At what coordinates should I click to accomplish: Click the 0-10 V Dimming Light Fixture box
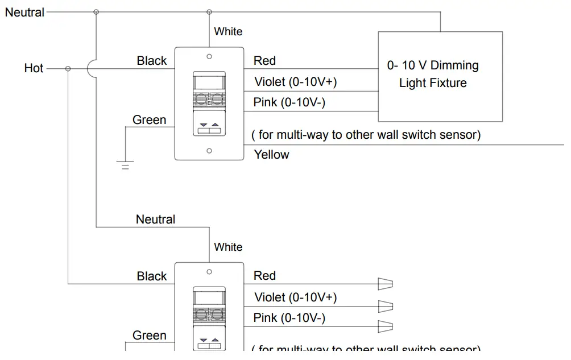pos(440,76)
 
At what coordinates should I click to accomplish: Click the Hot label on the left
pos(34,68)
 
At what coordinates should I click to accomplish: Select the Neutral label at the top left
pos(24,12)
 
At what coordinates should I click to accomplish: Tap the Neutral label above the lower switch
pos(155,219)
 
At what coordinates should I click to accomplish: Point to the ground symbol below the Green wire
pos(125,165)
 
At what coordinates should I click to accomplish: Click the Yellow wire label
pos(271,155)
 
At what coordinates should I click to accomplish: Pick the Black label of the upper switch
pos(152,61)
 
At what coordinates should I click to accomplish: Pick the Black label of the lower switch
pos(152,276)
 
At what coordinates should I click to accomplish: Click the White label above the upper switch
pos(228,32)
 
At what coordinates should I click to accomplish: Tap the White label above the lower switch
pos(228,247)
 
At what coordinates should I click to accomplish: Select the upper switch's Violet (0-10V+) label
pos(295,82)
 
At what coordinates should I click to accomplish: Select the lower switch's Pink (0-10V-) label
pos(289,318)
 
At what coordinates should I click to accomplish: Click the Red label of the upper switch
pos(264,61)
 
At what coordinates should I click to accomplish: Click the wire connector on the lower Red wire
pos(386,284)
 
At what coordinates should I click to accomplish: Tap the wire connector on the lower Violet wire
pos(386,306)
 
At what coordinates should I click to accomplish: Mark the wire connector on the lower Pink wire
pos(386,326)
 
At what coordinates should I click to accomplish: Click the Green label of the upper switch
pos(150,120)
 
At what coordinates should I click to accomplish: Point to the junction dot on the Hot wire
pos(68,69)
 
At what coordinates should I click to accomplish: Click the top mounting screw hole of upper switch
pos(209,56)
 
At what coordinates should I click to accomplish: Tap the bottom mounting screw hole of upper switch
pos(209,151)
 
